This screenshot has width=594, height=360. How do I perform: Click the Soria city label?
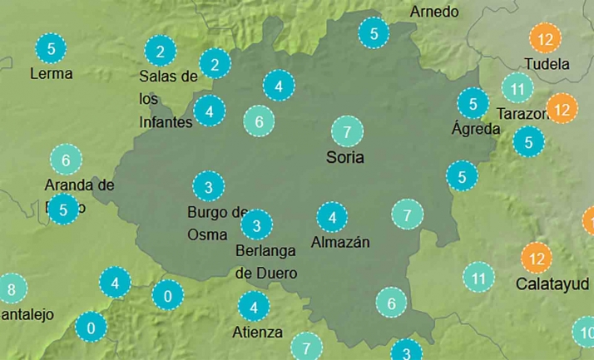click(345, 156)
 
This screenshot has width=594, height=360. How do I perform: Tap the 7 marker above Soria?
click(346, 131)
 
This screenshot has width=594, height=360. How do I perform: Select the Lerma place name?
click(51, 73)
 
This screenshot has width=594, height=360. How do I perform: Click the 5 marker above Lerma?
click(52, 48)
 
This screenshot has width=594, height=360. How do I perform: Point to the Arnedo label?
click(434, 12)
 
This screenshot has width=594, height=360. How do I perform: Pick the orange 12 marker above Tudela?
click(545, 39)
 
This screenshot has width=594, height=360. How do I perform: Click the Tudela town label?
click(547, 64)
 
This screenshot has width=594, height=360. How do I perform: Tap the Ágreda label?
click(476, 129)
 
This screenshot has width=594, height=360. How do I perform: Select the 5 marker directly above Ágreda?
click(473, 104)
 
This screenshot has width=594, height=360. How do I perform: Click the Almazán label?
click(339, 243)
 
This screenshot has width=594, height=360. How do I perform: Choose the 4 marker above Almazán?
click(333, 218)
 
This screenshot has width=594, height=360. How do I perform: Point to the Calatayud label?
click(547, 284)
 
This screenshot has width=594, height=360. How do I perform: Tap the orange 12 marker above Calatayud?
click(536, 258)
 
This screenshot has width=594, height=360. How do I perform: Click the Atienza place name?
click(257, 333)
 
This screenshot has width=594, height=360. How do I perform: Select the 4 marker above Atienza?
click(253, 306)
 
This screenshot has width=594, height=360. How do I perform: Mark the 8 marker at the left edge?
click(11, 290)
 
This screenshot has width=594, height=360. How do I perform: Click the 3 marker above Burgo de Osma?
click(208, 186)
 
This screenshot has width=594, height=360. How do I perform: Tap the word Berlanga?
click(266, 251)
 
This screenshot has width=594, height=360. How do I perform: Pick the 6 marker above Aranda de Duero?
click(66, 159)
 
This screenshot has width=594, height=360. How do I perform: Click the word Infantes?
click(166, 121)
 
